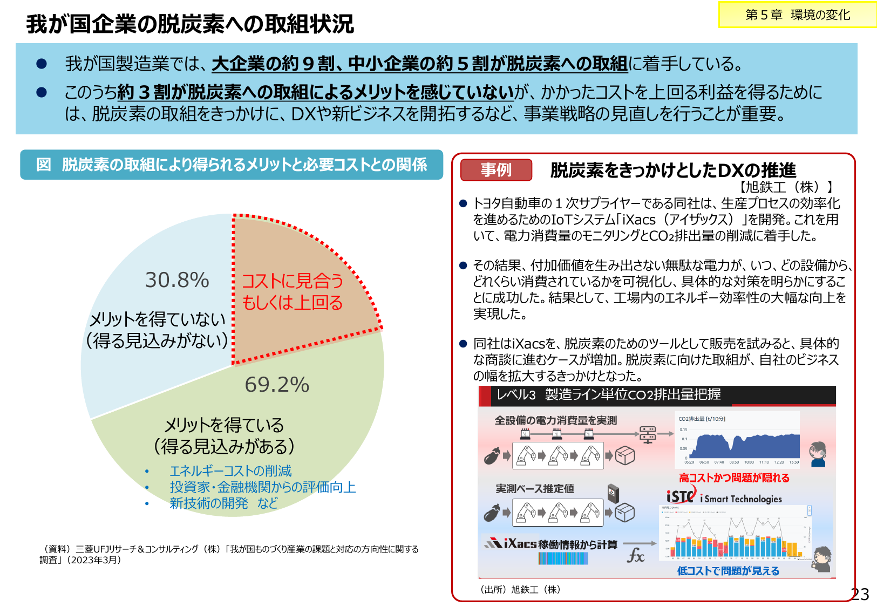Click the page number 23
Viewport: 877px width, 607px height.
pyautogui.click(x=860, y=594)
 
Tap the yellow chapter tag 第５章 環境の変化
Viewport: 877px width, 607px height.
pyautogui.click(x=797, y=15)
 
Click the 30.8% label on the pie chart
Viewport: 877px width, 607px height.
pyautogui.click(x=177, y=280)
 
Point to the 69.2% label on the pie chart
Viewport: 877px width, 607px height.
pyautogui.click(x=277, y=385)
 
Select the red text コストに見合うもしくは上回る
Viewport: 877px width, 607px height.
pyautogui.click(x=292, y=291)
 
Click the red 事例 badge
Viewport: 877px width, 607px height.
pyautogui.click(x=496, y=170)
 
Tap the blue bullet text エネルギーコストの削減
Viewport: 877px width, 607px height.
pyautogui.click(x=230, y=471)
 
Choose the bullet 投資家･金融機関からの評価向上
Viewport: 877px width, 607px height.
pyautogui.click(x=263, y=487)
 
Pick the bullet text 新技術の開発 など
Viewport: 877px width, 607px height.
pyautogui.click(x=223, y=503)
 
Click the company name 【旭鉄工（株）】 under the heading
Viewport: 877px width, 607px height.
pyautogui.click(x=785, y=187)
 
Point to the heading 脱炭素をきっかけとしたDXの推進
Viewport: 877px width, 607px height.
pyautogui.click(x=673, y=170)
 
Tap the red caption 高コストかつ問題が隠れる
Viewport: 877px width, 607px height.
pyautogui.click(x=734, y=478)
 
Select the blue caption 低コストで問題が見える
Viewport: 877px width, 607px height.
pyautogui.click(x=728, y=571)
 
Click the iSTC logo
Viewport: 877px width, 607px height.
pyautogui.click(x=681, y=496)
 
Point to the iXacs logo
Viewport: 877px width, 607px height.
pyautogui.click(x=511, y=543)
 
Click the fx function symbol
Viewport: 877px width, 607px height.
pyautogui.click(x=635, y=555)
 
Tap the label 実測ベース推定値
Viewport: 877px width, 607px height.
pyautogui.click(x=535, y=489)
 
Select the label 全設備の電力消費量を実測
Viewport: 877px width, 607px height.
pyautogui.click(x=555, y=420)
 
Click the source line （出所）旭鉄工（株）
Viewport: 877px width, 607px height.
pyautogui.click(x=520, y=590)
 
